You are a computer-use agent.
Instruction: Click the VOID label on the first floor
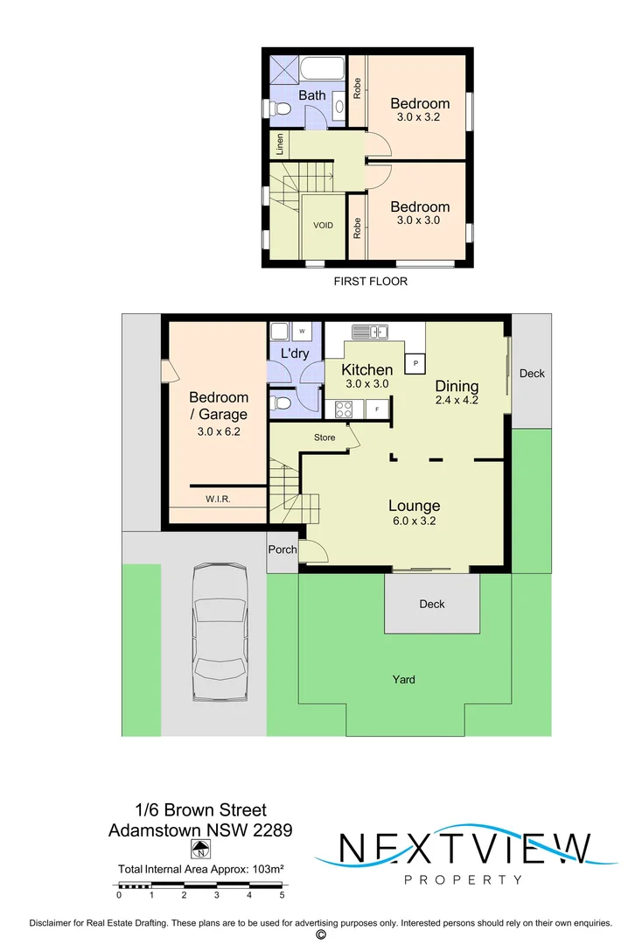tap(323, 226)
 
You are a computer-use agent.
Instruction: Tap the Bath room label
tap(312, 95)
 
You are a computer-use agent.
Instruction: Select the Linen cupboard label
tap(280, 144)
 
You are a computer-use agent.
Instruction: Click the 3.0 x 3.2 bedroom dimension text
tap(420, 119)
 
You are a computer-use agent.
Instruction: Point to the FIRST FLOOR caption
tap(371, 282)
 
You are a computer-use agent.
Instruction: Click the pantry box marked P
tap(415, 363)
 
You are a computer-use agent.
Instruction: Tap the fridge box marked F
tap(377, 409)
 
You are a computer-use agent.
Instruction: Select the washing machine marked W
tap(302, 332)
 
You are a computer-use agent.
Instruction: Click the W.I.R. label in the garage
tap(218, 500)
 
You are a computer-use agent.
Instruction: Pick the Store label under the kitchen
tap(324, 437)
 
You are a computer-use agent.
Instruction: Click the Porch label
tap(282, 550)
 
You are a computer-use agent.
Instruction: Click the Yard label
tap(403, 679)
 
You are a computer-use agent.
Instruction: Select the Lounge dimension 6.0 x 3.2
tap(414, 521)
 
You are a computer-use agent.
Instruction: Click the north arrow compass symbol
tap(200, 849)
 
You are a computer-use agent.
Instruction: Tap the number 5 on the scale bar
tap(282, 895)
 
